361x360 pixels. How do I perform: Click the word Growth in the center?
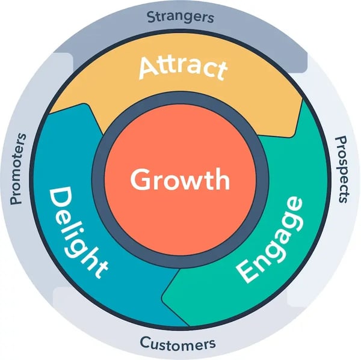[180, 180]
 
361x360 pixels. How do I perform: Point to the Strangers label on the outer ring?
[180, 16]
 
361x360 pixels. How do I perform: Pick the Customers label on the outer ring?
[177, 344]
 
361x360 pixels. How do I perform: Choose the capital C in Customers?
[145, 343]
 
